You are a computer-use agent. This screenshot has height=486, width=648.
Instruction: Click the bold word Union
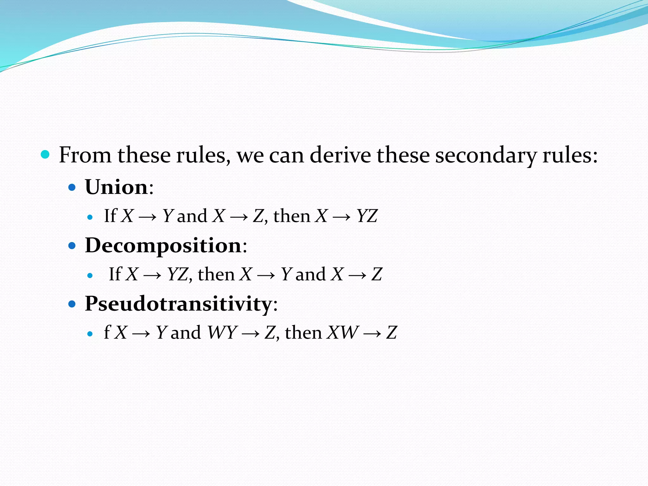(116, 187)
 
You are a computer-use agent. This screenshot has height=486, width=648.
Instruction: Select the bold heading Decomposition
(163, 246)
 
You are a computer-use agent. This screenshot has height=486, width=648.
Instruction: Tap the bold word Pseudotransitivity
(178, 304)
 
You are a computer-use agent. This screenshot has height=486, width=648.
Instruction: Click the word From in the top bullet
(85, 155)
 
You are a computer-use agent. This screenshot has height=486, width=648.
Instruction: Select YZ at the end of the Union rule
(367, 216)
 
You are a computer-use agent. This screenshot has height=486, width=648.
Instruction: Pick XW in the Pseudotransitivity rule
(343, 333)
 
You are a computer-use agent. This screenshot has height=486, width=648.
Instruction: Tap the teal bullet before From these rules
(45, 155)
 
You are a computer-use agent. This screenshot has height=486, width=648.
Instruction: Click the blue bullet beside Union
(72, 187)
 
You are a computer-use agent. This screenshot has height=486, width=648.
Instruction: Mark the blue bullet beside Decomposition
(72, 246)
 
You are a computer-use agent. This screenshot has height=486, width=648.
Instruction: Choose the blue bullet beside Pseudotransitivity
(72, 304)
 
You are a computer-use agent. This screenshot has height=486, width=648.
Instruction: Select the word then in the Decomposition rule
(216, 274)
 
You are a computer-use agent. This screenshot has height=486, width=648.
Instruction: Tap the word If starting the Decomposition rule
(115, 274)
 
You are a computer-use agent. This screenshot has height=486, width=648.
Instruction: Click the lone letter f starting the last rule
(107, 332)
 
